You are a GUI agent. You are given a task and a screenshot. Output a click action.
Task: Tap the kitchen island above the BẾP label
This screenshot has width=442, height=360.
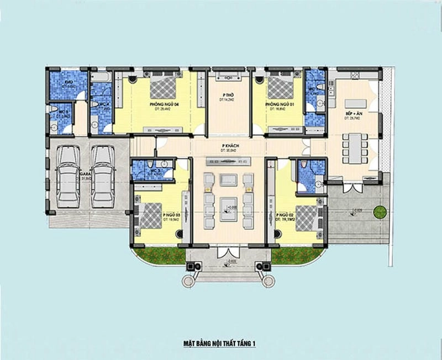click(x=356, y=103)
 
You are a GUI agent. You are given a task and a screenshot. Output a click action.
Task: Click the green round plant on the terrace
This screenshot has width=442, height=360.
click(x=379, y=211)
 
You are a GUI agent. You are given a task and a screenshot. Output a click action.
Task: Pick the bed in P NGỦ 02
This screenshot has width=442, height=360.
click(x=306, y=216)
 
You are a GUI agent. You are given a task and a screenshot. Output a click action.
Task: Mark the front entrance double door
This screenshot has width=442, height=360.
click(x=227, y=252)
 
